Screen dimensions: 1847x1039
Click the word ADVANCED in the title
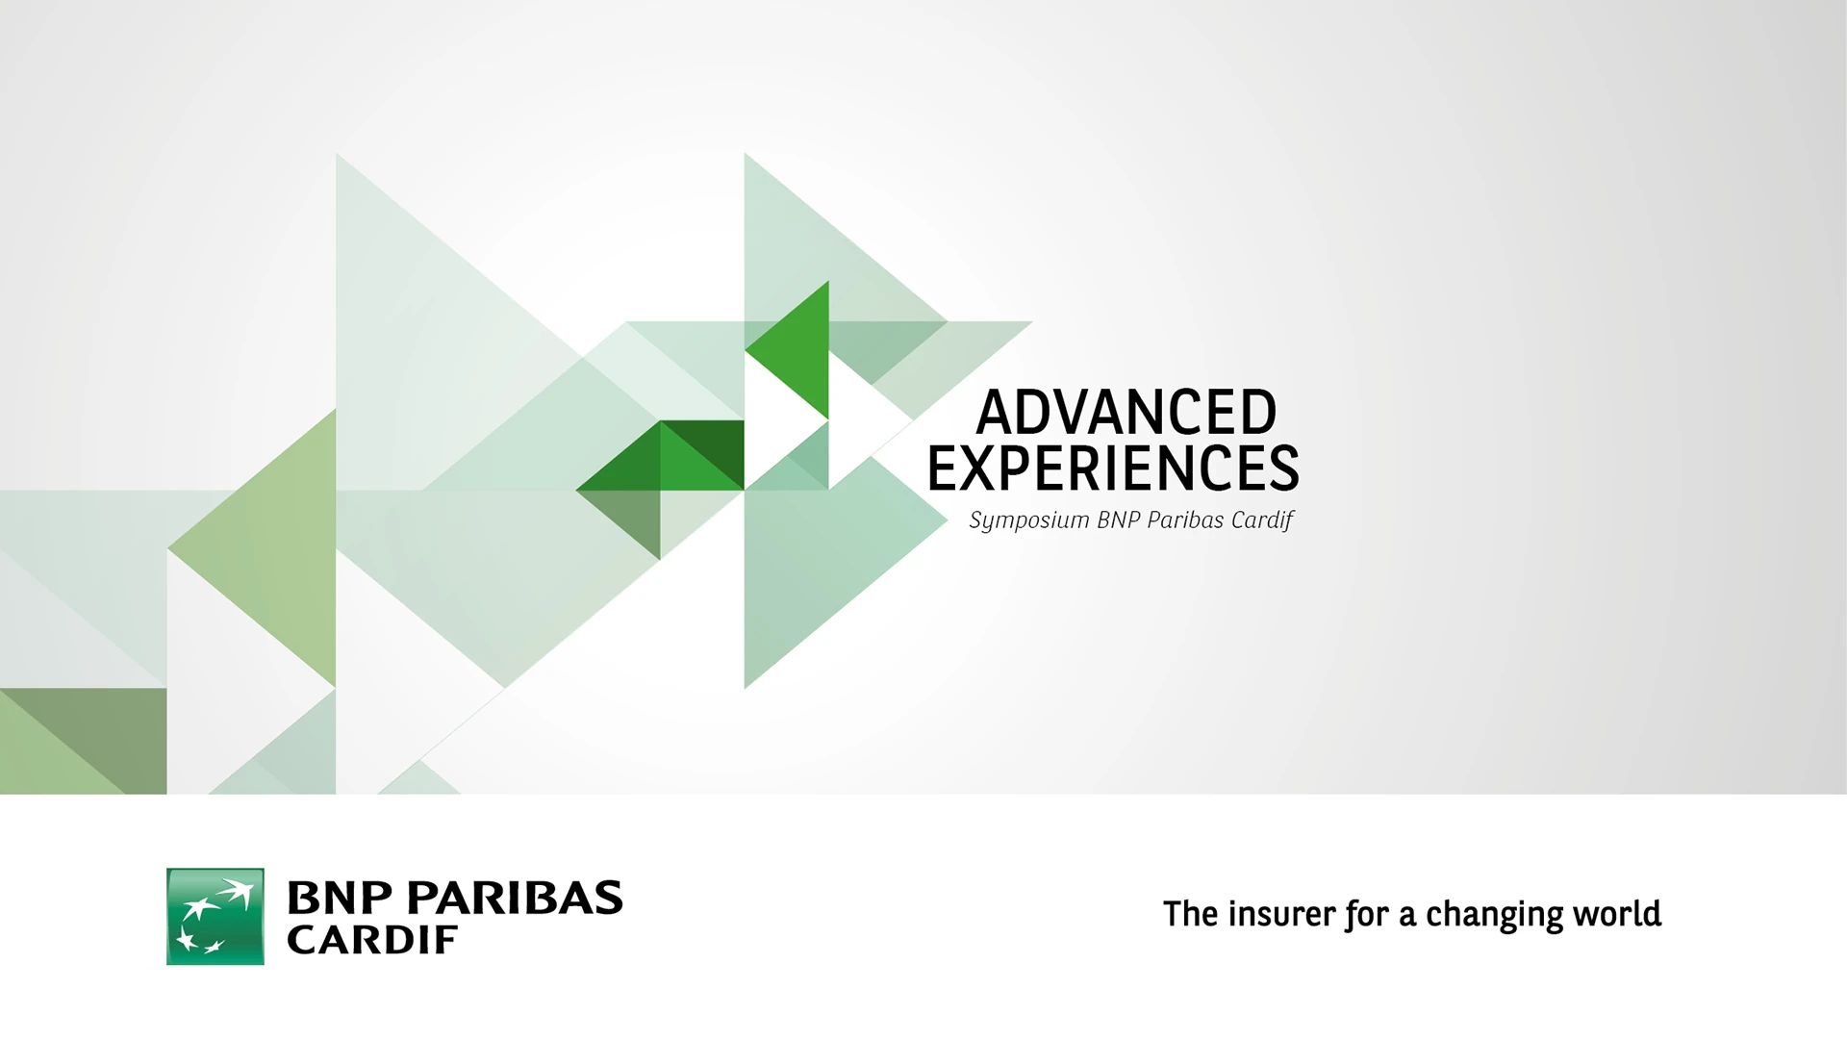(1126, 413)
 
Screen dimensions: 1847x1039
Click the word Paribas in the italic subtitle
(1185, 520)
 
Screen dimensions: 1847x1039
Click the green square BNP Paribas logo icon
(215, 917)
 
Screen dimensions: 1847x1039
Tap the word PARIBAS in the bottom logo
(515, 898)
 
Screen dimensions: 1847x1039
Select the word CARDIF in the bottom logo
(372, 940)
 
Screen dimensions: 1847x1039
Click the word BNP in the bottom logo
(341, 898)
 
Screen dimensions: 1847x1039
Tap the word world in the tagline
(1617, 914)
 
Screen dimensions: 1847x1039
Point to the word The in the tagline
(1191, 914)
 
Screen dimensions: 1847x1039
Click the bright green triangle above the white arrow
(801, 349)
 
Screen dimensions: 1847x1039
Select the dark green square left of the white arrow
(702, 455)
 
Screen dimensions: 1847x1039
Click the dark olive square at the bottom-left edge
(84, 741)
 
